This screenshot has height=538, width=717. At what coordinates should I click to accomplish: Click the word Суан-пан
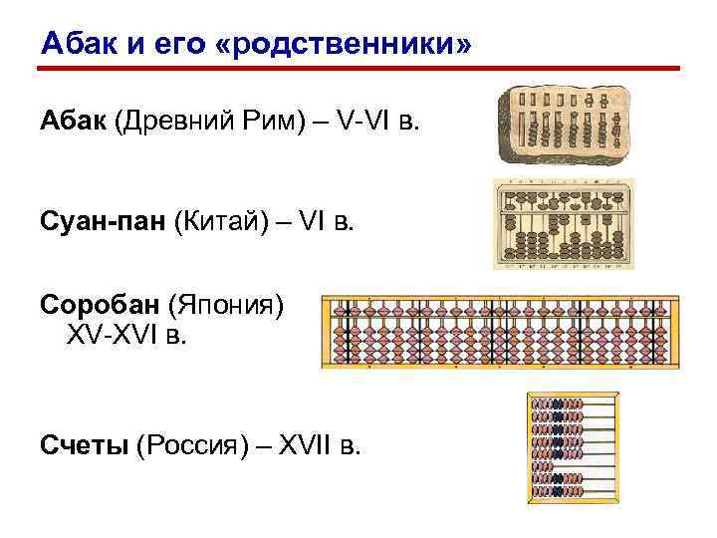click(x=103, y=217)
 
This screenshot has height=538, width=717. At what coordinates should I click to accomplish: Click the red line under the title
click(x=358, y=70)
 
